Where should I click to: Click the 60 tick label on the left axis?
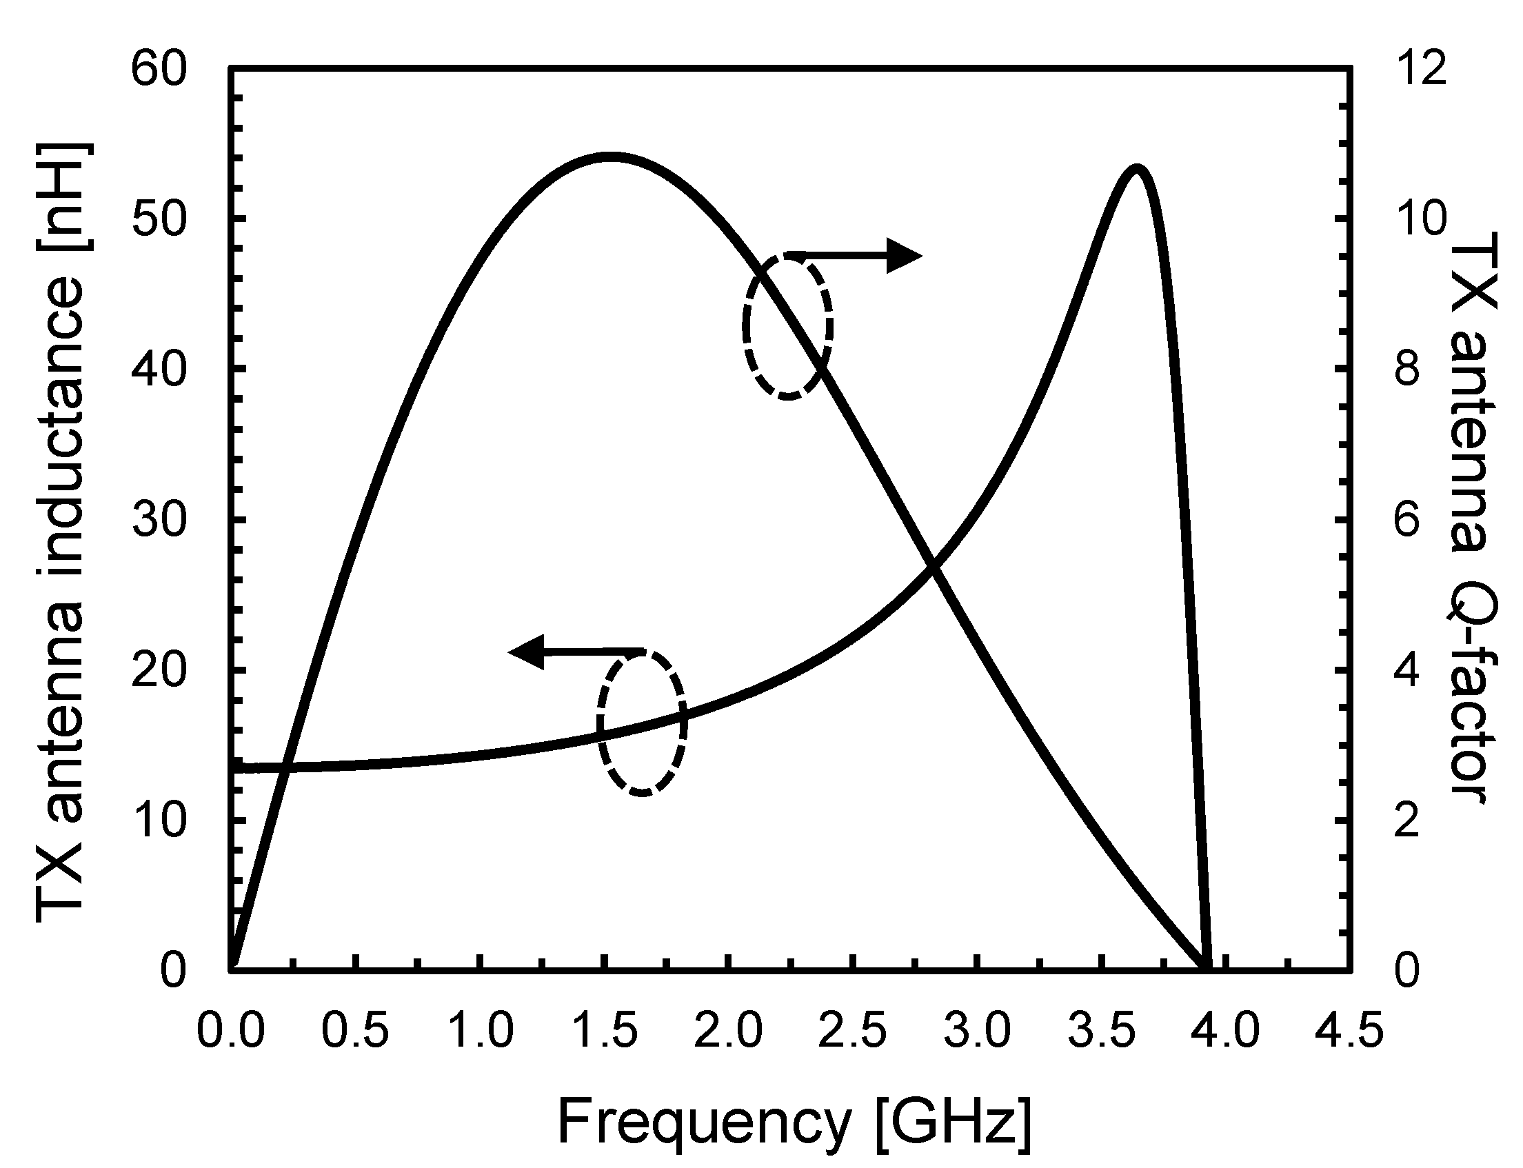point(159,70)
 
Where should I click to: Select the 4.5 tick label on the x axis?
point(1351,1030)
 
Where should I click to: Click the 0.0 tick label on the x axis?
point(231,1030)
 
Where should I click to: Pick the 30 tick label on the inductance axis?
point(159,520)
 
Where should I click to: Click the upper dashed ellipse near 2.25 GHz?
point(787,325)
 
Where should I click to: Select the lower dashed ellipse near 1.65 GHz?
point(642,722)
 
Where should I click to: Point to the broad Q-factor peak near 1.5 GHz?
point(610,157)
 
